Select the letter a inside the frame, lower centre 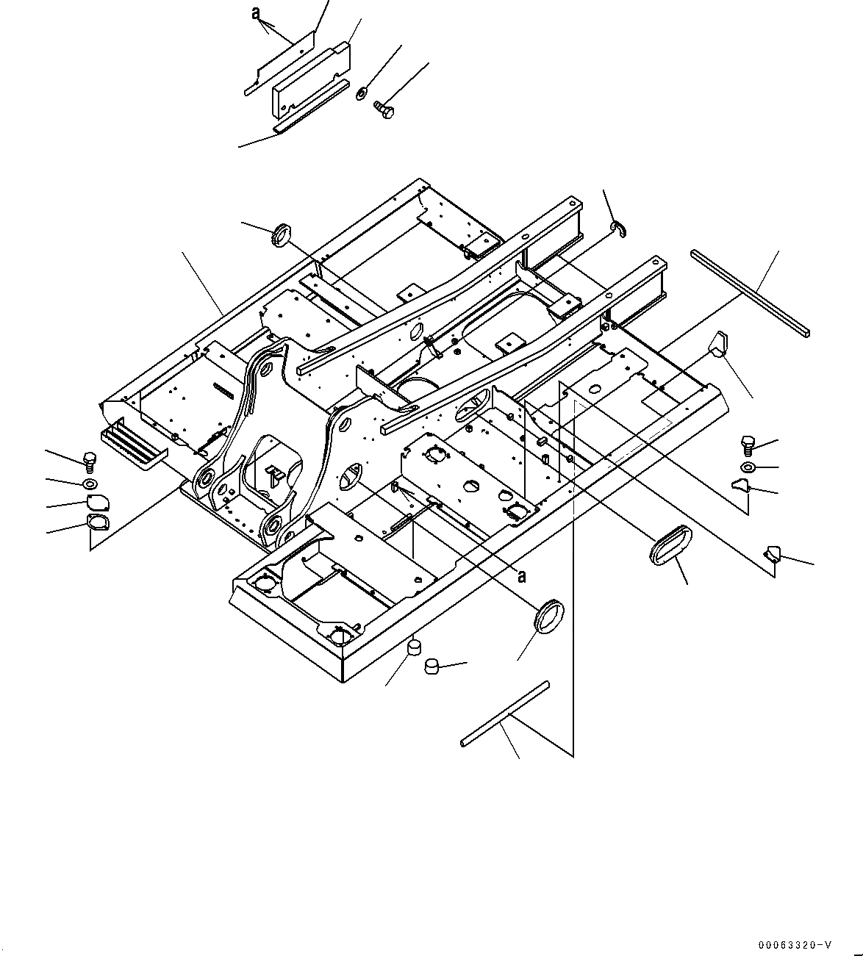click(x=521, y=576)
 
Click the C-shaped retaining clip click(x=619, y=231)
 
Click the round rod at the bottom click(x=504, y=714)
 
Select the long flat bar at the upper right click(x=750, y=292)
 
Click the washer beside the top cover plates click(x=362, y=94)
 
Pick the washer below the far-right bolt click(x=747, y=467)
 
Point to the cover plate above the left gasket click(x=96, y=503)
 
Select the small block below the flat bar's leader click(x=717, y=342)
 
